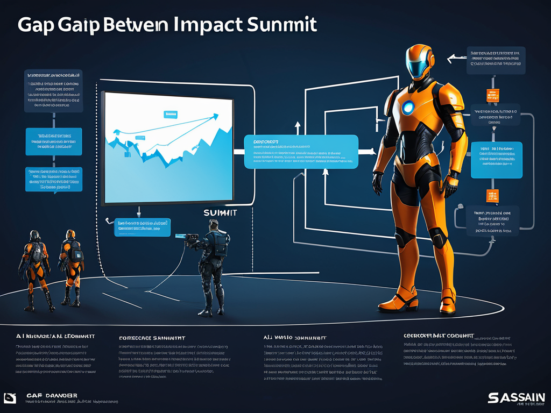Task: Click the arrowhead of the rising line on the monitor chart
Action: (216, 115)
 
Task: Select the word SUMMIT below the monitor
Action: (220, 213)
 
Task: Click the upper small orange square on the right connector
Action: (492, 95)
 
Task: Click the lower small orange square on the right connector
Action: (492, 195)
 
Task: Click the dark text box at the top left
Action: (53, 91)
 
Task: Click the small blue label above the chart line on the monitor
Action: (171, 114)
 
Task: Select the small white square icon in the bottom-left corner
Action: (9, 398)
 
